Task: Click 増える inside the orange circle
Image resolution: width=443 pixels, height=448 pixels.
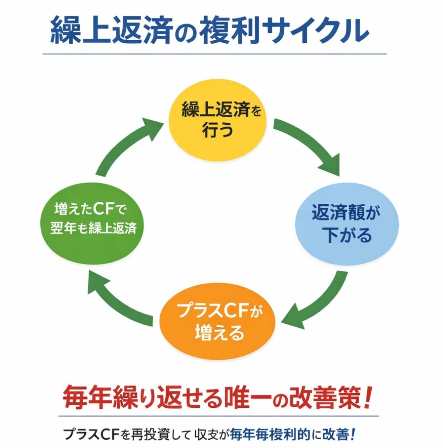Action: click(x=217, y=333)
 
